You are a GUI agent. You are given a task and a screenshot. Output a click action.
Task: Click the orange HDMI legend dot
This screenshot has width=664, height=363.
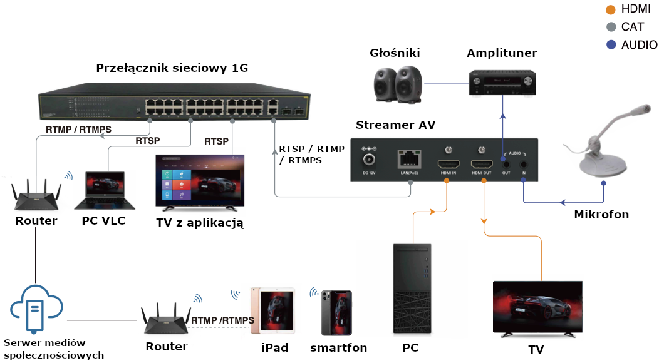click(612, 9)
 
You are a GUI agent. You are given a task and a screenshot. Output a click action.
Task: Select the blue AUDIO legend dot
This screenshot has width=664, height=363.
click(612, 44)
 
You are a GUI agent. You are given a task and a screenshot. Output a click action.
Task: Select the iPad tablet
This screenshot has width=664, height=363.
click(272, 311)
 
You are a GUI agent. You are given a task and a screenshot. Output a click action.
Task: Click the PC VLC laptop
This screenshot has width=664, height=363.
click(104, 188)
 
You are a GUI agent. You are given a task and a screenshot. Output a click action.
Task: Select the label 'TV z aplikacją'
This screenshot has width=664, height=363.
click(199, 222)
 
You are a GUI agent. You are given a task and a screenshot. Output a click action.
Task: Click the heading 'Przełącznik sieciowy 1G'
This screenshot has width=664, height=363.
click(172, 68)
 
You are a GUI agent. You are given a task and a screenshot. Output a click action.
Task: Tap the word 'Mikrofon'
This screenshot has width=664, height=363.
click(601, 215)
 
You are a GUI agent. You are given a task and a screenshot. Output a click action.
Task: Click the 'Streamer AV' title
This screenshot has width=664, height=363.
click(395, 125)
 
